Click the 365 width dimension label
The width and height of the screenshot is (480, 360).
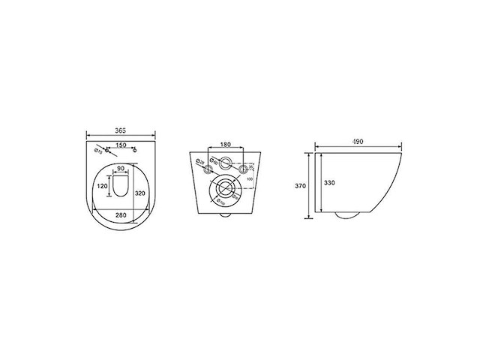(x=120, y=130)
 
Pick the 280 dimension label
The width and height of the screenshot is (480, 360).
(x=121, y=216)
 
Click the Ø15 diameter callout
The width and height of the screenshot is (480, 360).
(x=99, y=153)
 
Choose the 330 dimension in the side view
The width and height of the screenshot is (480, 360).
(x=329, y=181)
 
